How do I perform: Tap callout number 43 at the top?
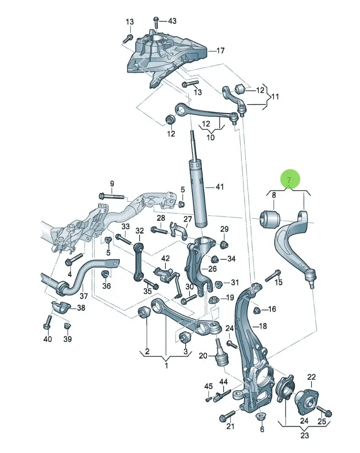click(x=172, y=21)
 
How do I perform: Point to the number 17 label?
click(x=220, y=51)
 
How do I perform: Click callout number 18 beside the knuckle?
click(x=263, y=326)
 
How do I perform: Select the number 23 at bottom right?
click(x=304, y=435)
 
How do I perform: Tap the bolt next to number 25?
click(x=324, y=410)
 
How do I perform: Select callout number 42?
click(x=165, y=258)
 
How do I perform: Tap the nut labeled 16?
click(x=256, y=311)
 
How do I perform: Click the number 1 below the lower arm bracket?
click(x=166, y=366)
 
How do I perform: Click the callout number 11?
click(x=275, y=96)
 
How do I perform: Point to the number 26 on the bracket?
click(x=213, y=269)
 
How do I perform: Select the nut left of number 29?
click(x=224, y=245)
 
